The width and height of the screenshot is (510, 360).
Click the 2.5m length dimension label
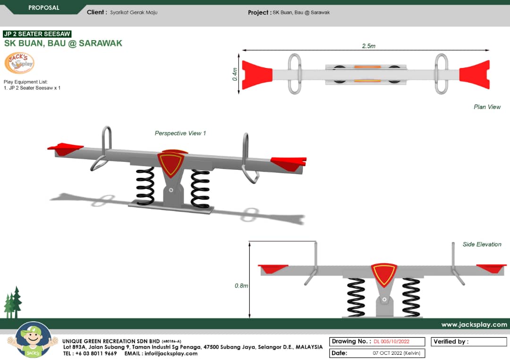pos(368,46)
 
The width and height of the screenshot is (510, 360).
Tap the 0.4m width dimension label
pos(235,74)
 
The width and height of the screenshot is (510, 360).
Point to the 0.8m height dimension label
pos(241,285)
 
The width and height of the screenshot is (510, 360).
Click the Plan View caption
pos(487,107)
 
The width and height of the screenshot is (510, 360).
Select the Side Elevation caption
pos(482,244)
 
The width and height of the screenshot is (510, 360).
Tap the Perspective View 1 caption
pos(180,134)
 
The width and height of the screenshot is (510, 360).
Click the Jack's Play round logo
pos(19,63)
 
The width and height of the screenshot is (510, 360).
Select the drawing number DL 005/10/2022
pos(391,342)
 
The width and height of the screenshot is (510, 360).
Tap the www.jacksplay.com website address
pos(474,325)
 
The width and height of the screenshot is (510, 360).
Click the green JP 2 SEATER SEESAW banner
pos(37,34)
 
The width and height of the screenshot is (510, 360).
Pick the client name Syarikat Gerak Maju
pos(134,13)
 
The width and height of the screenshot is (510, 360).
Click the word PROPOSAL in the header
pos(44,8)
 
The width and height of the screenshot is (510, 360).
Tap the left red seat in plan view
pos(256,75)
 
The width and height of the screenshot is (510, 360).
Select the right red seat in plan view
pos(475,75)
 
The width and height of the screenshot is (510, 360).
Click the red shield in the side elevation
pos(383,274)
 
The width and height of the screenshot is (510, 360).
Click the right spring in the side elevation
pos(411,297)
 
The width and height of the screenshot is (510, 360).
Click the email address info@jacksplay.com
pos(171,353)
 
